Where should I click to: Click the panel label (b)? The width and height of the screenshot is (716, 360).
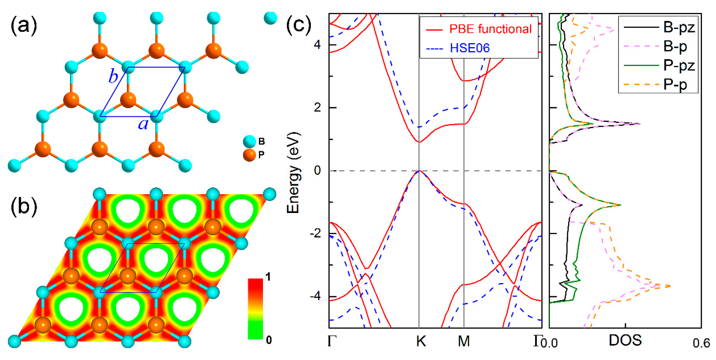point(24,207)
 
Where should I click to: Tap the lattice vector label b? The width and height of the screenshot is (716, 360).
point(113,76)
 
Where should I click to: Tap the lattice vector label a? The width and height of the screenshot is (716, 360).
point(143,124)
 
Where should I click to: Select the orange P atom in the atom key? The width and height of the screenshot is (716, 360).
point(249,155)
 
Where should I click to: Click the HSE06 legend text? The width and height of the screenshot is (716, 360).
point(470,48)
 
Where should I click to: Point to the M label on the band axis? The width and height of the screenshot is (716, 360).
point(464,341)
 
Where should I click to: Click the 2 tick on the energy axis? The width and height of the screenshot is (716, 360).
point(317,107)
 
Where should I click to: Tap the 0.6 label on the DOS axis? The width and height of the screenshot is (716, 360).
point(701,343)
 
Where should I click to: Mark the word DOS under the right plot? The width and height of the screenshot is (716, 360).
point(625,340)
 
